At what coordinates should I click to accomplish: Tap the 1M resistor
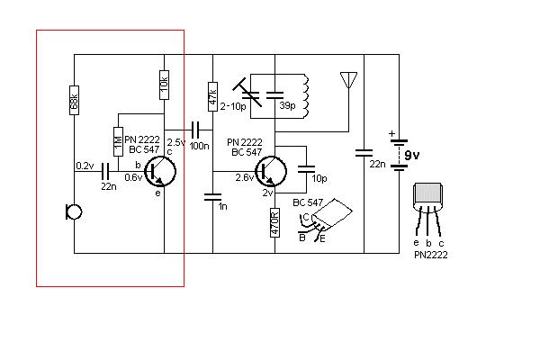click(x=117, y=141)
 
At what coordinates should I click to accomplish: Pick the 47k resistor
click(x=213, y=95)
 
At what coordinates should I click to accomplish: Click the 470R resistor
click(x=274, y=222)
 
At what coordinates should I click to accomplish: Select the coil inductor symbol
click(x=306, y=94)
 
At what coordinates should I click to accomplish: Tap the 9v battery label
click(x=411, y=155)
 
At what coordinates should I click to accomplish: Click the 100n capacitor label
click(x=199, y=144)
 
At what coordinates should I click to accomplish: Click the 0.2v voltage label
click(x=85, y=166)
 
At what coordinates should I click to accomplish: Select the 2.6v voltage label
click(x=244, y=177)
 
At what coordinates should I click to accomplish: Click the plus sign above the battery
click(x=391, y=136)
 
